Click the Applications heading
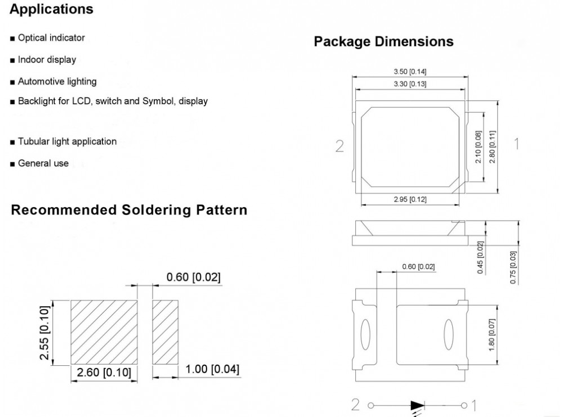click(52, 10)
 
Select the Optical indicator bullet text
click(51, 38)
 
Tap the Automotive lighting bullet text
click(57, 82)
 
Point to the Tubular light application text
click(67, 141)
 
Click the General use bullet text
click(43, 163)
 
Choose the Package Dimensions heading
click(383, 42)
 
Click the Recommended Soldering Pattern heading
click(129, 210)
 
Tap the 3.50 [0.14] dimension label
click(410, 71)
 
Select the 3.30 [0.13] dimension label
click(410, 84)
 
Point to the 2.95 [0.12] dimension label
click(410, 200)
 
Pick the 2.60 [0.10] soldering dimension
click(104, 372)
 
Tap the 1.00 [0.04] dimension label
click(212, 369)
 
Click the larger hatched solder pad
click(104, 332)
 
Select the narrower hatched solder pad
click(166, 332)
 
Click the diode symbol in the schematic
click(417, 405)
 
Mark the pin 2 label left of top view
click(339, 146)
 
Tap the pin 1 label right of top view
click(516, 144)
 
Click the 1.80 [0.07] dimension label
click(491, 335)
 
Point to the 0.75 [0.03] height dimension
click(513, 267)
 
